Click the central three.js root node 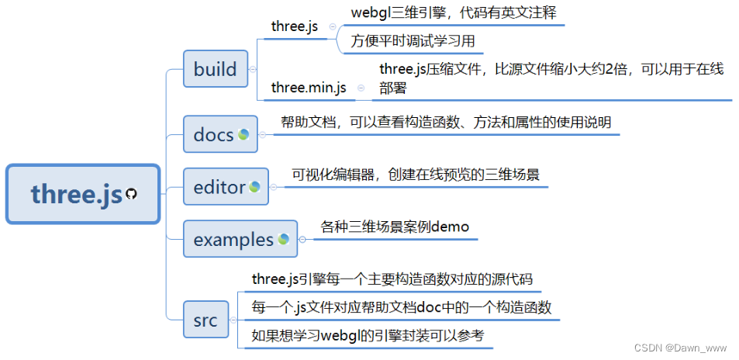(81, 194)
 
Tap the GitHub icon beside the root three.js (130, 194)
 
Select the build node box (215, 69)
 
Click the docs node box (220, 135)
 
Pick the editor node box (226, 187)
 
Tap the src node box (205, 318)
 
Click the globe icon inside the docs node (243, 134)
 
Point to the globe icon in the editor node (254, 186)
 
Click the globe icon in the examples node (284, 239)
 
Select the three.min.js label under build (309, 88)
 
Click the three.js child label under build (295, 26)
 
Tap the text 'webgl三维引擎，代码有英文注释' (454, 13)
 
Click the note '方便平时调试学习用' (413, 40)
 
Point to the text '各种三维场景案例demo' (395, 227)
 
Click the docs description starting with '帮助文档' (445, 123)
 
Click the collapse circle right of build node (253, 69)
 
